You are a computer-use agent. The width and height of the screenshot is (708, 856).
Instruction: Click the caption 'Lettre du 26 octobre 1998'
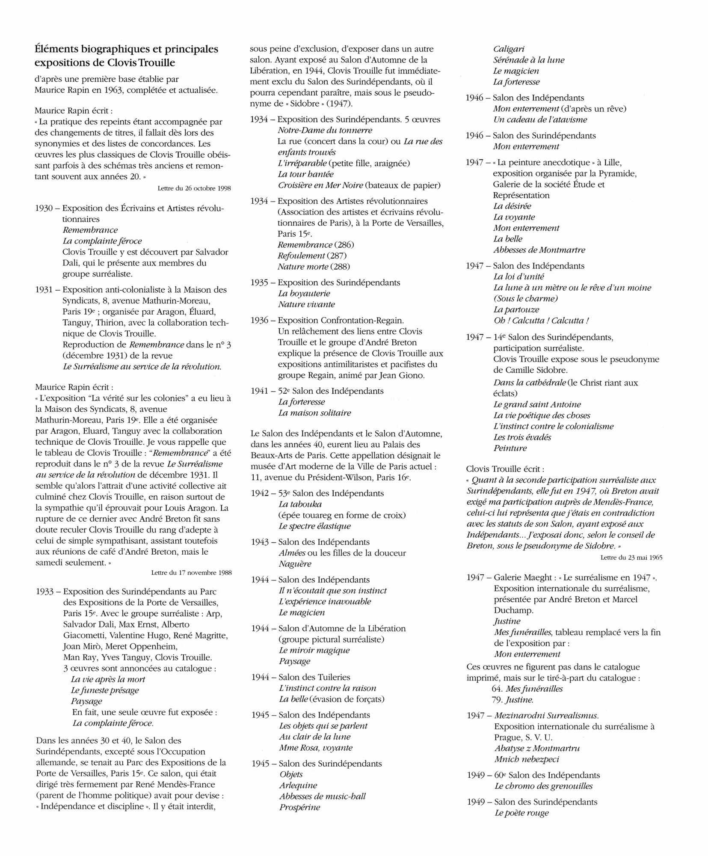tap(194, 188)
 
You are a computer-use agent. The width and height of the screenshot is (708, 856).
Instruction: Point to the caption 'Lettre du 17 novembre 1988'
tap(191, 573)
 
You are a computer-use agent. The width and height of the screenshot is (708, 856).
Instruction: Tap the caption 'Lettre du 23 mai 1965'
tap(631, 557)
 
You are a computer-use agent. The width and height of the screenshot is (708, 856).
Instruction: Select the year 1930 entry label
tap(44, 208)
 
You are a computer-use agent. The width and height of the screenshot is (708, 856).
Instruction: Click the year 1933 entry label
tap(44, 591)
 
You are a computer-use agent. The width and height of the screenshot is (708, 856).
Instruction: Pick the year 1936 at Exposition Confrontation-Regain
tap(260, 320)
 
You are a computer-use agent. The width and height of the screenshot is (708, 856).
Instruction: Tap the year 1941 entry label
tap(260, 391)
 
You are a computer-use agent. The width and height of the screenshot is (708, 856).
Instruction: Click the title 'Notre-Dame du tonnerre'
tap(325, 130)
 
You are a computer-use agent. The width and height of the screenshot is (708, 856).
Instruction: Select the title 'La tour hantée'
tap(305, 174)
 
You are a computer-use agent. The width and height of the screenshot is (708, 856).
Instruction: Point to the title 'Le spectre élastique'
tap(314, 526)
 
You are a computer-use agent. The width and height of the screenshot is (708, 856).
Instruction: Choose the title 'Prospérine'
tap(299, 807)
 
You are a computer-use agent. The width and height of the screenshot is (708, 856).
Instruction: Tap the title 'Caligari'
tap(509, 49)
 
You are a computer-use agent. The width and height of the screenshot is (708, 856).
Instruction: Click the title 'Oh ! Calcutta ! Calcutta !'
tap(541, 321)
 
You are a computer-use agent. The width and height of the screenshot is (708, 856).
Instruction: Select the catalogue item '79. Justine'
tap(512, 700)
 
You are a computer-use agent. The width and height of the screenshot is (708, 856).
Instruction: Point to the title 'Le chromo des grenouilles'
tap(543, 786)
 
